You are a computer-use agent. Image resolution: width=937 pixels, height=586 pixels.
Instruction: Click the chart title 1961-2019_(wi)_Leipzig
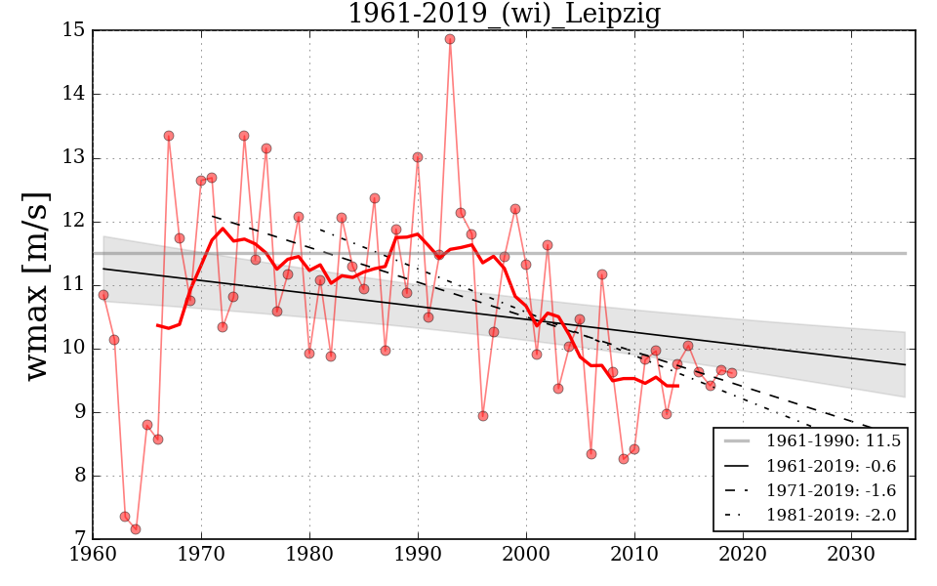pyautogui.click(x=504, y=14)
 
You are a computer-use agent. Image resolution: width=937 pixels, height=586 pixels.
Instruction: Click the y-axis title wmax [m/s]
pyautogui.click(x=36, y=284)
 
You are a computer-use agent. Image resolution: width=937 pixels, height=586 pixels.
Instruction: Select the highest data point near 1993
pyautogui.click(x=450, y=39)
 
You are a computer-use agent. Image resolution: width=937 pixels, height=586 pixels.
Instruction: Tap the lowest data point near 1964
pyautogui.click(x=136, y=529)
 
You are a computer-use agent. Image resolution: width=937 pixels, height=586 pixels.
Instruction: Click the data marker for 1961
pyautogui.click(x=103, y=295)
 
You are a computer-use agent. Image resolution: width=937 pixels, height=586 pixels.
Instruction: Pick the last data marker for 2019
pyautogui.click(x=732, y=373)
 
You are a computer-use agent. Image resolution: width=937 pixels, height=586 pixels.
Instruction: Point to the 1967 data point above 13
pyautogui.click(x=169, y=136)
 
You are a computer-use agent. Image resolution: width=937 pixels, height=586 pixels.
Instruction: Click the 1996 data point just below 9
pyautogui.click(x=483, y=416)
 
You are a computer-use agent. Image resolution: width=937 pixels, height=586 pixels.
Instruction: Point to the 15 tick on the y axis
pyautogui.click(x=73, y=30)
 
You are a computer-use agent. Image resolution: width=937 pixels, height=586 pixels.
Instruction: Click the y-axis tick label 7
pyautogui.click(x=78, y=539)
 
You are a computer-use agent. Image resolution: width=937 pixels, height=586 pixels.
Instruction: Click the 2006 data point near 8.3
pyautogui.click(x=591, y=454)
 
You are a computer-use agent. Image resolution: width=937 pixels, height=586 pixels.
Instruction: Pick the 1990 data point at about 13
pyautogui.click(x=418, y=157)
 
